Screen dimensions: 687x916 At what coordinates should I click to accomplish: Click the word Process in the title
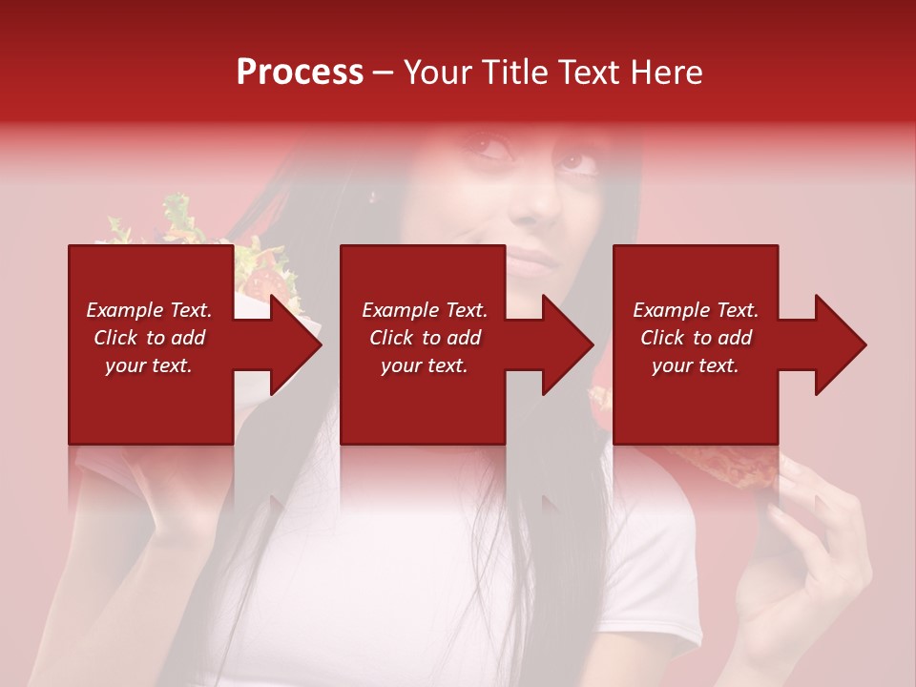tap(300, 73)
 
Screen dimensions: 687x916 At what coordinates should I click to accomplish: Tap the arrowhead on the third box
tap(839, 344)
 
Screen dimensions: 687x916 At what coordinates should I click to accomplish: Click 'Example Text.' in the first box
tap(149, 310)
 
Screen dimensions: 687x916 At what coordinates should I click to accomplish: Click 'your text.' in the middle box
tap(424, 365)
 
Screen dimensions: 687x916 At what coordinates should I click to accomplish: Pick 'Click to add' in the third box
tap(696, 338)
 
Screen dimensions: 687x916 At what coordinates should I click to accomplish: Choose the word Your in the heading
tap(435, 73)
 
